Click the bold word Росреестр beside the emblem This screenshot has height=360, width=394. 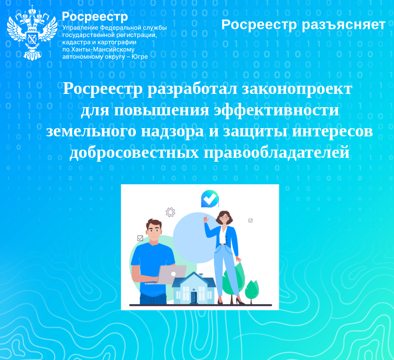(95, 17)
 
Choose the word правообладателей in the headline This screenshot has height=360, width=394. (276, 152)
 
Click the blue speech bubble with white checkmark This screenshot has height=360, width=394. (209, 199)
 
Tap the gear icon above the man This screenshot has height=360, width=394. (170, 212)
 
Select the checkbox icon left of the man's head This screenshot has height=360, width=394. (140, 238)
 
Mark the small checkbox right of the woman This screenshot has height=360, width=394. (250, 220)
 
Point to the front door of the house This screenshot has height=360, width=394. (194, 298)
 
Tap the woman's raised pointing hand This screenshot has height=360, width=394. (206, 219)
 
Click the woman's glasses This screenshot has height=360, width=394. (224, 218)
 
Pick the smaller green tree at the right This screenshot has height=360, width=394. (252, 290)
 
